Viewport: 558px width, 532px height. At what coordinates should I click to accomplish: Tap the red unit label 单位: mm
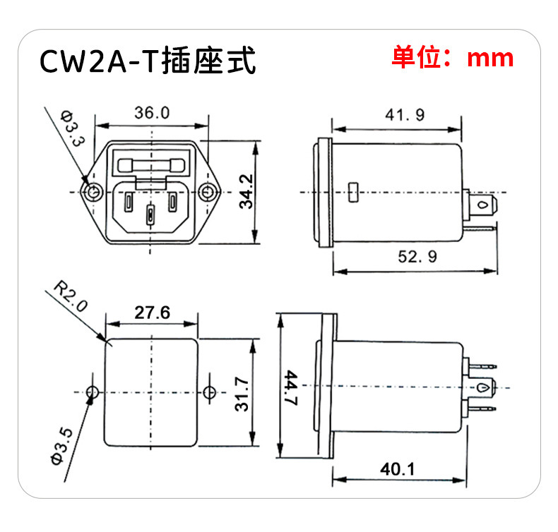click(x=453, y=56)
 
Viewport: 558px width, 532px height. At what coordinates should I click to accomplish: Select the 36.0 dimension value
click(x=152, y=113)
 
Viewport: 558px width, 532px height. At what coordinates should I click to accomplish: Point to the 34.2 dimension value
click(x=245, y=192)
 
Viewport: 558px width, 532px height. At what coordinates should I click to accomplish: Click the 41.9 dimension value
click(x=405, y=115)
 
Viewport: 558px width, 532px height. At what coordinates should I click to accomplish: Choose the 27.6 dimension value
click(x=152, y=312)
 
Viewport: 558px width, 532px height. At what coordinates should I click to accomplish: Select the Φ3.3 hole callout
click(x=73, y=128)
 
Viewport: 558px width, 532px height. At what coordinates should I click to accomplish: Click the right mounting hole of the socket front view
click(x=208, y=192)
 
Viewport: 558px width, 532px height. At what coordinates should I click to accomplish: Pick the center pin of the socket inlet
click(x=150, y=214)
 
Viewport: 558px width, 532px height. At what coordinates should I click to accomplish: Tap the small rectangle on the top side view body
click(x=354, y=191)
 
